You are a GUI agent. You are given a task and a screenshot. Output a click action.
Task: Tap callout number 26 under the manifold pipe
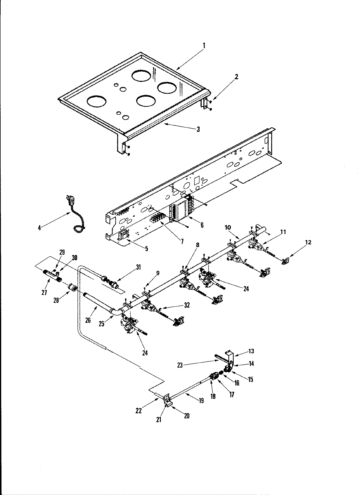point(88,320)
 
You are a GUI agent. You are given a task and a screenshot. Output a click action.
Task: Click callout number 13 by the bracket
point(251,351)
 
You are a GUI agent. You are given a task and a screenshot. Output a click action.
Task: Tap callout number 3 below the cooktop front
point(198,129)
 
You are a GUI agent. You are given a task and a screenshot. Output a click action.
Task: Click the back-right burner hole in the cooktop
point(168,88)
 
